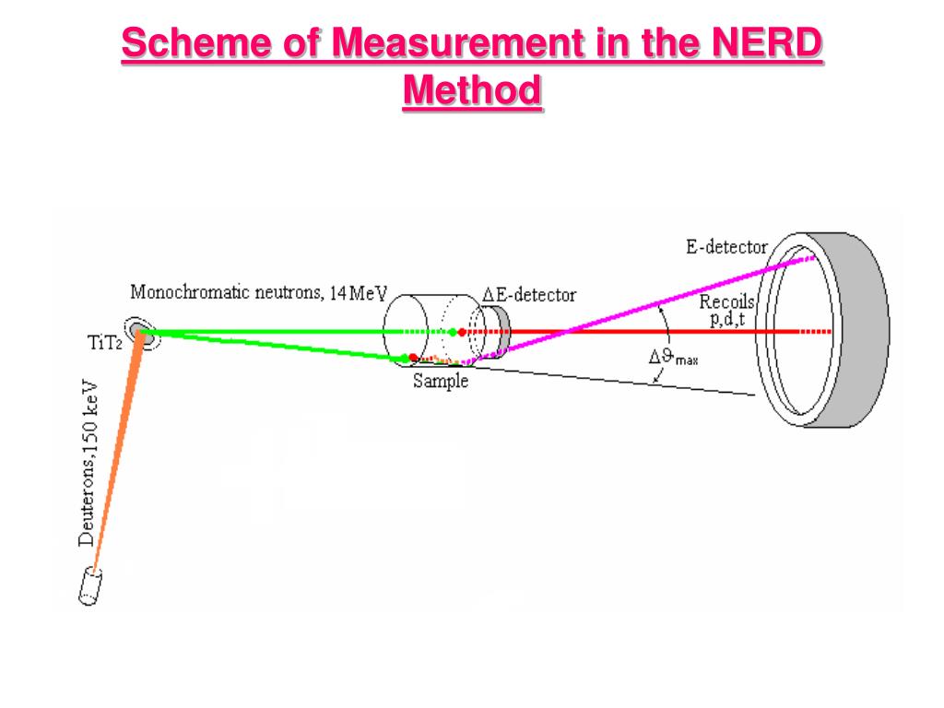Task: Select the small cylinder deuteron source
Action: pyautogui.click(x=90, y=587)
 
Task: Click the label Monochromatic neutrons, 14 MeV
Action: pyautogui.click(x=259, y=294)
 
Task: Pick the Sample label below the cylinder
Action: pyautogui.click(x=440, y=381)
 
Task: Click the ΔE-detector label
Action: pyautogui.click(x=529, y=295)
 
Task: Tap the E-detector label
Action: pyautogui.click(x=726, y=247)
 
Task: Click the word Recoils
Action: pyautogui.click(x=727, y=301)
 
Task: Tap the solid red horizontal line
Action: pyautogui.click(x=645, y=331)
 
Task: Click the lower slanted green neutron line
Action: pyautogui.click(x=277, y=345)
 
